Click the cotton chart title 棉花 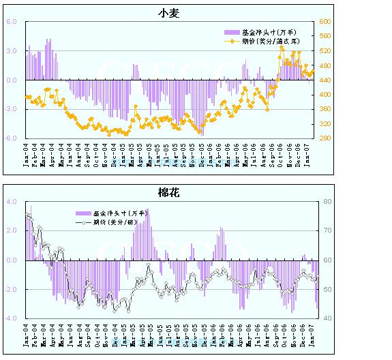point(168,194)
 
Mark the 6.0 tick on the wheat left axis point(11,22)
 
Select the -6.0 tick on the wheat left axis point(10,138)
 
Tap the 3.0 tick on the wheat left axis point(11,51)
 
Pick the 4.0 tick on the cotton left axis point(11,202)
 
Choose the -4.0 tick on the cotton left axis point(10,318)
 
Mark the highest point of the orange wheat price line point(282,48)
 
